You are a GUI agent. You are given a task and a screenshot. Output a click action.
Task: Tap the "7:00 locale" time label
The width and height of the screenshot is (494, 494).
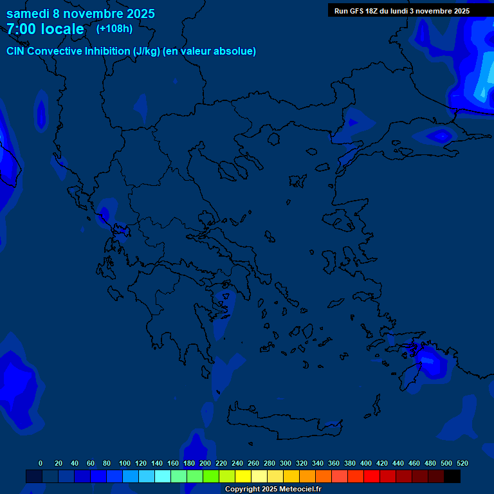[x=45, y=29]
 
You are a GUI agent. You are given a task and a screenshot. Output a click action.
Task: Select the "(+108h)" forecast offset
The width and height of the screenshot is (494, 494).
[x=114, y=28]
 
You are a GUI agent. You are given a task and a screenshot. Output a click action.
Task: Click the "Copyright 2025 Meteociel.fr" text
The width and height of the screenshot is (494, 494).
[x=273, y=489]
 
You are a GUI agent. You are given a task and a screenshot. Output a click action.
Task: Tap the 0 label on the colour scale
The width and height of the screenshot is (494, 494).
[x=41, y=463]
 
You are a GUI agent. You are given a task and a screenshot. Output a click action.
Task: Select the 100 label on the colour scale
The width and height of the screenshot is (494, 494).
[x=125, y=463]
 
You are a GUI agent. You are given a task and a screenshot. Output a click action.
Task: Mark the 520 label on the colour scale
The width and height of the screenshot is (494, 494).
[x=462, y=463]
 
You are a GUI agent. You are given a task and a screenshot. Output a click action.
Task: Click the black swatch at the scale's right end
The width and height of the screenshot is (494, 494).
[x=452, y=476]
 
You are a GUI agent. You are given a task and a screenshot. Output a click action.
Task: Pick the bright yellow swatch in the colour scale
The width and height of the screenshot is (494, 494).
[x=243, y=476]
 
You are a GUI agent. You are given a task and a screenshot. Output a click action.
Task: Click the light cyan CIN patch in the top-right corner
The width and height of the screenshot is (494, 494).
[x=482, y=84]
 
